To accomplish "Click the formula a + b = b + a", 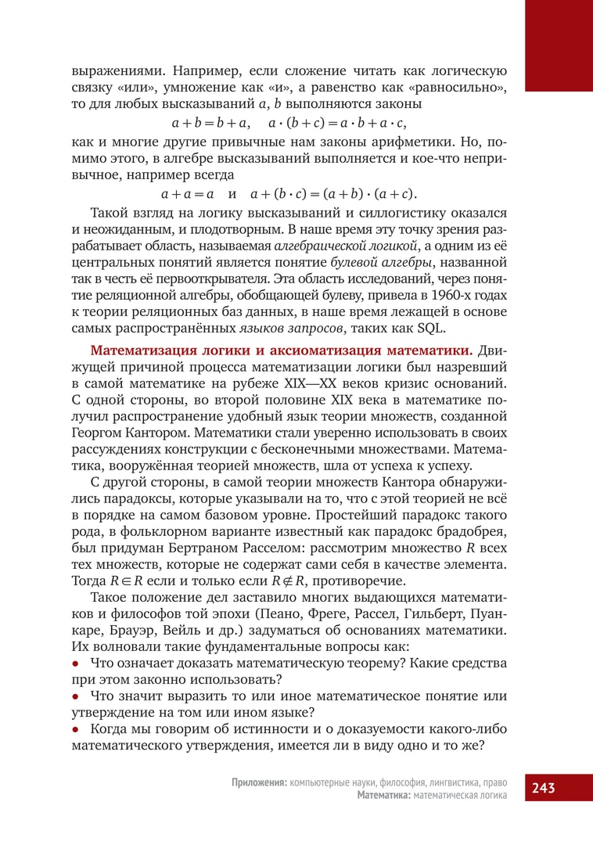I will pyautogui.click(x=210, y=123).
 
